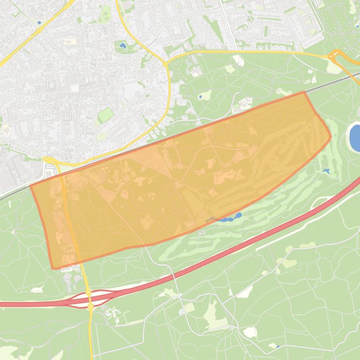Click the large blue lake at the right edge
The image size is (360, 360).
tap(355, 137)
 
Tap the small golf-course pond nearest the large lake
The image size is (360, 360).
tap(326, 172)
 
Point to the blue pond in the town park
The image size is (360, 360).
tap(123, 46)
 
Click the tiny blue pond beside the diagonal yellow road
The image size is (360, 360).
tap(39, 22)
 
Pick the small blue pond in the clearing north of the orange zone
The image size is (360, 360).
tap(200, 97)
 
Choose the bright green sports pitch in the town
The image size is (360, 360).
tap(106, 114)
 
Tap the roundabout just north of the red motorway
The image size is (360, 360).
tap(88, 293)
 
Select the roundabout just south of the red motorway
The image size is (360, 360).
tap(90, 307)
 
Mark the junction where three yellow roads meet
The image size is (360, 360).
tap(165, 63)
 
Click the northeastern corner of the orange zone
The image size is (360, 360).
tap(304, 92)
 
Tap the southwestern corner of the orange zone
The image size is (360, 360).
tap(53, 268)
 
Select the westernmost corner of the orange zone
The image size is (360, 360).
tap(30, 186)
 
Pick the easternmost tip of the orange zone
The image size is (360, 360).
tap(331, 137)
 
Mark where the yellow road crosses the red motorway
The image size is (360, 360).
tap(89, 300)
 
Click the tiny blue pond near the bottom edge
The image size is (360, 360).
tap(278, 346)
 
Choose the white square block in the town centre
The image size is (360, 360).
tap(75, 88)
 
